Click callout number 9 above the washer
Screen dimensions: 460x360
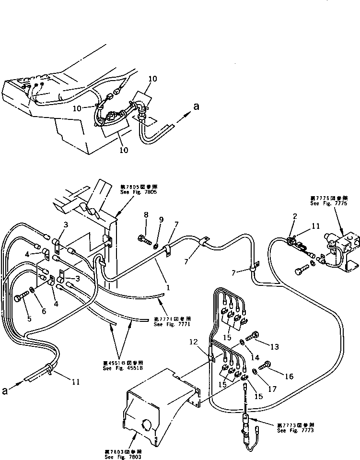tap(162, 220)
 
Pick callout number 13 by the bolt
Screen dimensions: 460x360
tap(274, 346)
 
